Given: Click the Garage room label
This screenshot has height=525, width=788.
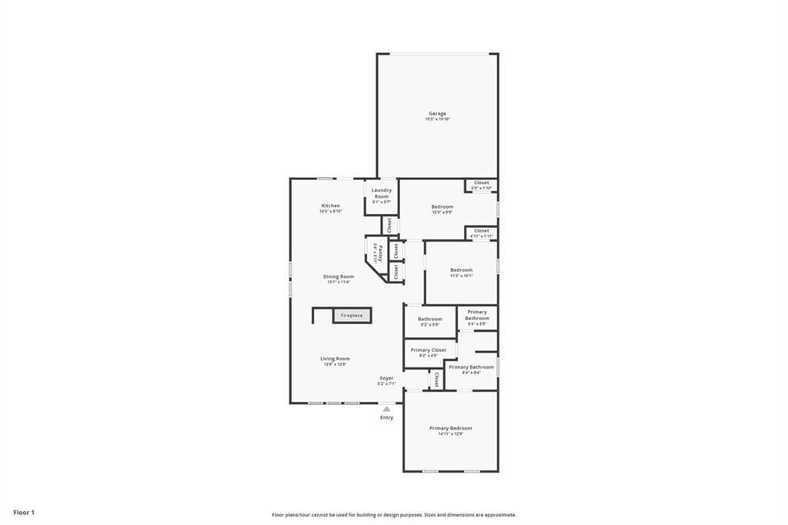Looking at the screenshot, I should [437, 114].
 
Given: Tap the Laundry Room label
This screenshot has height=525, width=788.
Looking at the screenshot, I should [382, 193].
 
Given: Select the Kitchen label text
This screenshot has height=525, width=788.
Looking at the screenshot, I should [330, 206].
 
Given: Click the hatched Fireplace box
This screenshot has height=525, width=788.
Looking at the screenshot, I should [352, 315].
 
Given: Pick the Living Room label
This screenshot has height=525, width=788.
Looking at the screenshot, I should [335, 359].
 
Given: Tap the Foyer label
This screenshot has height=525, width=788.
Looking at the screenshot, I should [386, 379].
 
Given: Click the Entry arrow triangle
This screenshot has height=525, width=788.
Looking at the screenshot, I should [386, 409].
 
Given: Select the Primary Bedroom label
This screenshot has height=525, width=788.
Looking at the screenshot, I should [450, 428].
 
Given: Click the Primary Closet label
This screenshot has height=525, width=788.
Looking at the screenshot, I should [428, 350].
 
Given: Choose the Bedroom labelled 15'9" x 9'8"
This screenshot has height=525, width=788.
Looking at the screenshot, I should [442, 206].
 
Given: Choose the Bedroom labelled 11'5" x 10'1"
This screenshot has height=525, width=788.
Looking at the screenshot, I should [461, 270].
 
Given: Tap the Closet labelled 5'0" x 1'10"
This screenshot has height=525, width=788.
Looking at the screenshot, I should [481, 183].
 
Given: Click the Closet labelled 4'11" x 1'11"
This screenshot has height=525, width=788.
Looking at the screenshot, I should [481, 231].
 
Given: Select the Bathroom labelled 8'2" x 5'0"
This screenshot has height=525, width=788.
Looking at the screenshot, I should [429, 319].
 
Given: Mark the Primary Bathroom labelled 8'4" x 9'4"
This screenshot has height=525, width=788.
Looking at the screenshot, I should [471, 368].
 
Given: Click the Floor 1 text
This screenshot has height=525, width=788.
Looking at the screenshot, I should [24, 512].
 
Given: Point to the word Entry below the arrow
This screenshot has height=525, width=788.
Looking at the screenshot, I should [386, 418].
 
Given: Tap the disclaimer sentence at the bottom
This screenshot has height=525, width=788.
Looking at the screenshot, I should [393, 515].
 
